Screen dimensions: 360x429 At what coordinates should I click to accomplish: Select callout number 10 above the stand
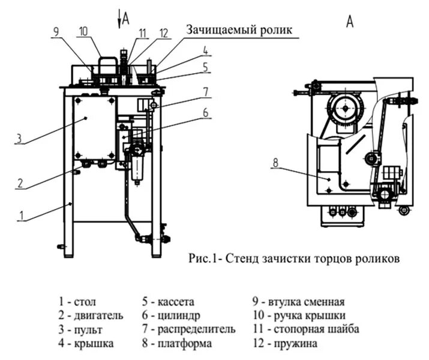pos(83,30)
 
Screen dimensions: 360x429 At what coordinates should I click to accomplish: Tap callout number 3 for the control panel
pos(19,139)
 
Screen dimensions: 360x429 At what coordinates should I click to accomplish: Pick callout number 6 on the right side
pos(205,112)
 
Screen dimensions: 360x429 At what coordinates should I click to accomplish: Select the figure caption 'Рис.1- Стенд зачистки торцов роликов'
pos(294,259)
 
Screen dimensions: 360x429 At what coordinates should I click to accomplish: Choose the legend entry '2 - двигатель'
pos(91,315)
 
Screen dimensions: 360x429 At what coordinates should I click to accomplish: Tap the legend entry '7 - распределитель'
pos(188,329)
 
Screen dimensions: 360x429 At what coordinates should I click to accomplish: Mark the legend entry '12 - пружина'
pos(285,344)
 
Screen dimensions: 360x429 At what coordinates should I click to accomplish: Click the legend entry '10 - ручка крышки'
pos(298,315)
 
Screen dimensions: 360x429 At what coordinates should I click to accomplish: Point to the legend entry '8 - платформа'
pos(176,344)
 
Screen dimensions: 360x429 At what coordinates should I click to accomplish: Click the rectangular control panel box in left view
pos(95,128)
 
